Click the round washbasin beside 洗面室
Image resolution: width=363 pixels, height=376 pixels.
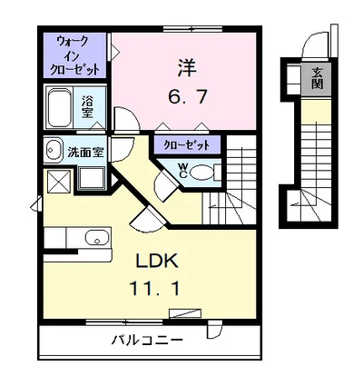pos(52,151)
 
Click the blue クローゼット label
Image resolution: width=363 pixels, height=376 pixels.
pos(187,144)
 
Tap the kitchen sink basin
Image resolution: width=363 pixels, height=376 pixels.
pos(93,240)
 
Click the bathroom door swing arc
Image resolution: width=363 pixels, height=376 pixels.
pos(123,118)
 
